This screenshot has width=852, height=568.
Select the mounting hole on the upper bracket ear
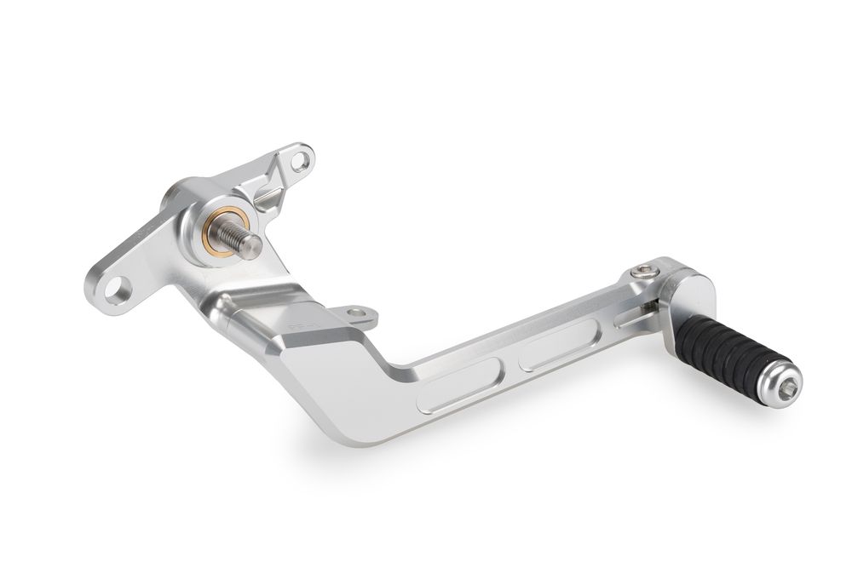click(299, 160)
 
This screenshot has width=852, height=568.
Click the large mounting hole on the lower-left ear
click(114, 288)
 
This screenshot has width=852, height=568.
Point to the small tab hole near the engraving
click(356, 313)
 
